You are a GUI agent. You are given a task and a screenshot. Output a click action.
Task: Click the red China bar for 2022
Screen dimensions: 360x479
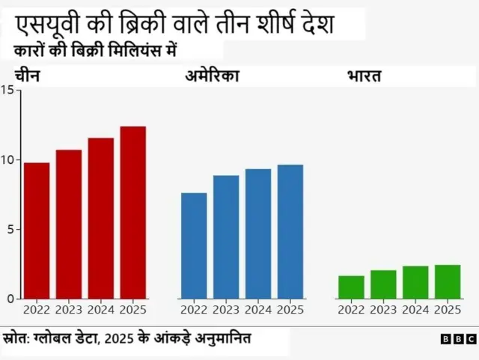[37, 231]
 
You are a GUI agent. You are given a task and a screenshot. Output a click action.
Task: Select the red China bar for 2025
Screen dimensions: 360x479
[133, 213]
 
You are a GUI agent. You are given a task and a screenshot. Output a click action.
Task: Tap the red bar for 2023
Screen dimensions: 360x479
[69, 224]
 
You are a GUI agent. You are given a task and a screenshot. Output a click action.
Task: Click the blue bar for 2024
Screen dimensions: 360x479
[258, 234]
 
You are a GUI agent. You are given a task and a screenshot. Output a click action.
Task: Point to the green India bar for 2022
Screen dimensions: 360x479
[351, 287]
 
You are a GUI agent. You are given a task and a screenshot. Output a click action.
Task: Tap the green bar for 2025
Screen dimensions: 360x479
[448, 282]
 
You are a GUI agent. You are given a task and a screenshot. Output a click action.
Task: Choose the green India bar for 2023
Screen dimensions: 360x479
[383, 284]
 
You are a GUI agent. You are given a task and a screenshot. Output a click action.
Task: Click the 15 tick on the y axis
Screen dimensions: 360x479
[7, 90]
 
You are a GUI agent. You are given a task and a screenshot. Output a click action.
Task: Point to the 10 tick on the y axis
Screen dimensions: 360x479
[7, 159]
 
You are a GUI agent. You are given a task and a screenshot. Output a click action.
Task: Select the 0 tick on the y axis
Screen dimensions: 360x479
[10, 299]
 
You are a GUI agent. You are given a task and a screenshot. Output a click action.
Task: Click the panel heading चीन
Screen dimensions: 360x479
[27, 76]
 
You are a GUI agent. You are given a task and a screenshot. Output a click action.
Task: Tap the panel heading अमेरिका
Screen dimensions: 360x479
[212, 76]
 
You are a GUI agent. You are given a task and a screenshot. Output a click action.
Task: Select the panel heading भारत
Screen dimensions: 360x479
[365, 76]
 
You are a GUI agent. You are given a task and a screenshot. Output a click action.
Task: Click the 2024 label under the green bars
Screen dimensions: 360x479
[415, 310]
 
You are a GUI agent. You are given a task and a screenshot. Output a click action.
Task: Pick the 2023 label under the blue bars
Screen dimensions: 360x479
[226, 310]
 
